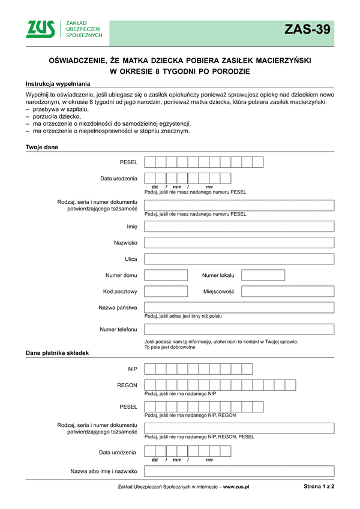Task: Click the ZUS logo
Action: (64, 29)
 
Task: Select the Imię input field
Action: (239, 227)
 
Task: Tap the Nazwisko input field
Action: (239, 243)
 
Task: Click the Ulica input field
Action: (239, 259)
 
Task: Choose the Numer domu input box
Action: (166, 275)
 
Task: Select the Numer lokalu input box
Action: (263, 275)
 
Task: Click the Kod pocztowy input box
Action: (166, 291)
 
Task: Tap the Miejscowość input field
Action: (287, 291)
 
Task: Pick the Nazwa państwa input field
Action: (239, 308)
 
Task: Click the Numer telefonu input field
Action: (239, 329)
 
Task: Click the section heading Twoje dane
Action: (41, 147)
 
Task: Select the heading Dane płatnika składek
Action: (57, 353)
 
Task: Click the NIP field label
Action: (133, 369)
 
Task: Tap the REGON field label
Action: (128, 385)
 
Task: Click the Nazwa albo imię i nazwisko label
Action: (104, 471)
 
